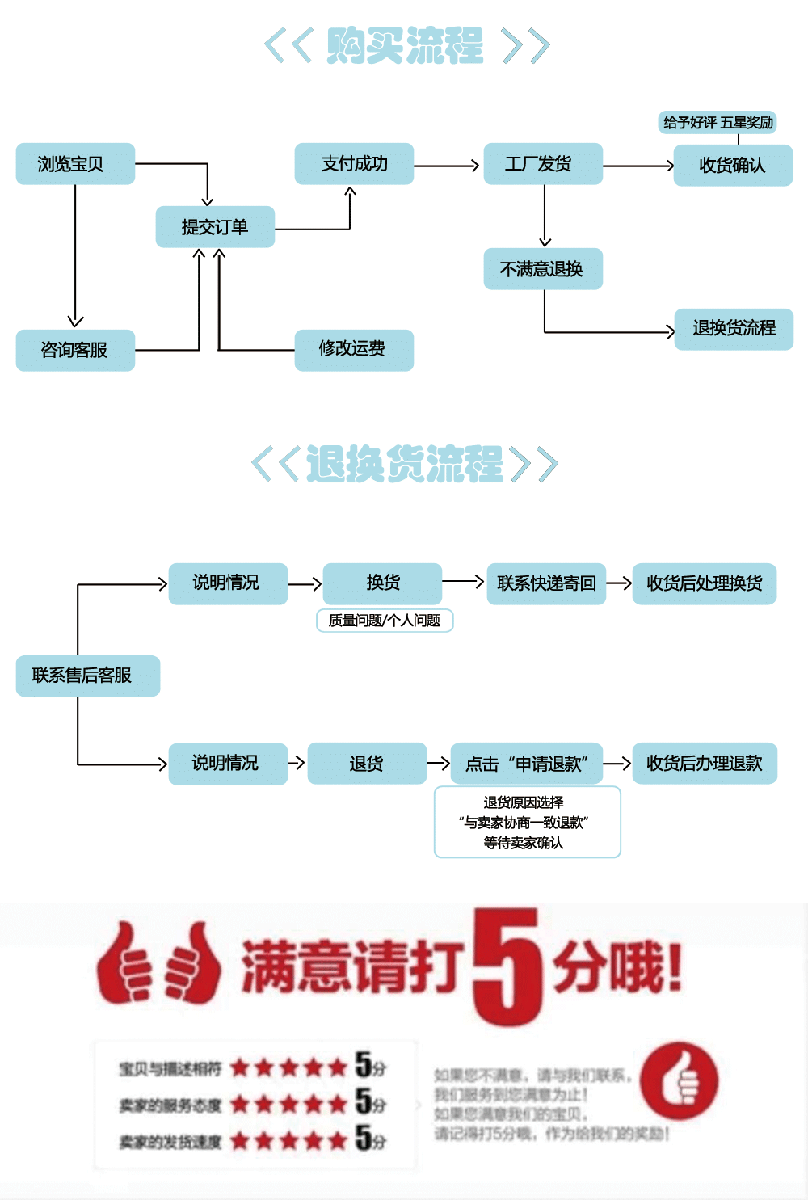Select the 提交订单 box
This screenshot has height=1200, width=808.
click(215, 227)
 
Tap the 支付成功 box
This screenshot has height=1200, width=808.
click(354, 164)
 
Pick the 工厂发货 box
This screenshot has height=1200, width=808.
click(543, 164)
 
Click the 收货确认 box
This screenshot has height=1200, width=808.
click(733, 166)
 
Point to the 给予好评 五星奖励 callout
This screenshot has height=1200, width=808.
click(718, 123)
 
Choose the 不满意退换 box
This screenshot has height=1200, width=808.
click(543, 269)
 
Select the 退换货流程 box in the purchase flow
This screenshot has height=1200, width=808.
click(734, 329)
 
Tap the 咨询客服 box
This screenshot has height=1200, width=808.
click(75, 350)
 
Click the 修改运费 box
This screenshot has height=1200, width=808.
click(354, 350)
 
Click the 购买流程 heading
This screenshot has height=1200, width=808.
click(406, 46)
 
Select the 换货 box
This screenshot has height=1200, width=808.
click(382, 583)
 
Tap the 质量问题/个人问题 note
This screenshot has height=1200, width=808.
click(385, 621)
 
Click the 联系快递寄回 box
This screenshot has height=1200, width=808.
click(546, 583)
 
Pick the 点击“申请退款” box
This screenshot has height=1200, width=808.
click(526, 764)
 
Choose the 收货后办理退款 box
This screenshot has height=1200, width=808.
click(704, 764)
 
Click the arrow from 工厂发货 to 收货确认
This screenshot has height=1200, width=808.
click(638, 166)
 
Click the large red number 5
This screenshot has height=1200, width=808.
click(506, 966)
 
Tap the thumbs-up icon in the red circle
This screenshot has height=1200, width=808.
click(680, 1081)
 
